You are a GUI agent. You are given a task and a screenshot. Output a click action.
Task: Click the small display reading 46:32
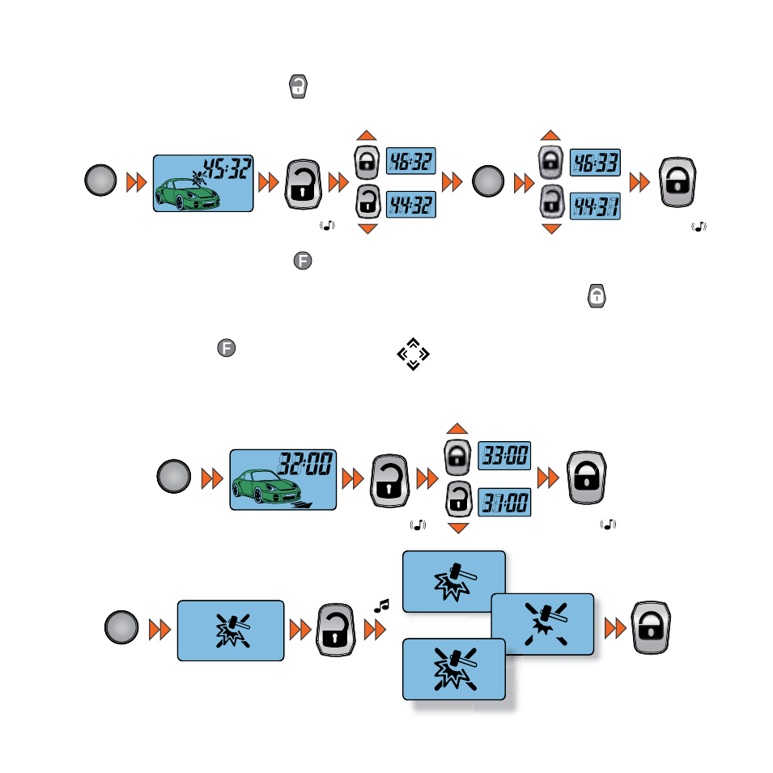pos(410,161)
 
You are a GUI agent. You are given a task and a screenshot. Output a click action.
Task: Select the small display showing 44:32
pos(410,205)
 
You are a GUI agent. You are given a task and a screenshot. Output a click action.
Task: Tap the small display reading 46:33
pos(595,162)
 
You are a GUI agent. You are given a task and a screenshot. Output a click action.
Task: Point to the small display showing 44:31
pos(595,206)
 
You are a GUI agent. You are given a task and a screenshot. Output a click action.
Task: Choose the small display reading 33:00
pos(504,456)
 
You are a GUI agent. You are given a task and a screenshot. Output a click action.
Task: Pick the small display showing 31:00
pos(504,503)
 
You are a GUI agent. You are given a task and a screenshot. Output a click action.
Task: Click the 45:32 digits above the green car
pos(227,168)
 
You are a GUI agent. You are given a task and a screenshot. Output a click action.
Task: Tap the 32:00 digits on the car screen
pos(305,464)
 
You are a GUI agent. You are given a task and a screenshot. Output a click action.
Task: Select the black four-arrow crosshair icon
pos(413,354)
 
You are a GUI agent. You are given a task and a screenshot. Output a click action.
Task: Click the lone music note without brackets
pos(381,606)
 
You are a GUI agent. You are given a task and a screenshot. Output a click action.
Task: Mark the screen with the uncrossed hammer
pos(454,582)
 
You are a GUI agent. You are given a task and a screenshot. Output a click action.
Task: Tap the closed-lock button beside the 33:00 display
pos(457,457)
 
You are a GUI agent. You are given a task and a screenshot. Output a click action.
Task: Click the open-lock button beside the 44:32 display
pos(367,202)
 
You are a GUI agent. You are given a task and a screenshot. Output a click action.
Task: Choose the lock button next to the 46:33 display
pos(550,162)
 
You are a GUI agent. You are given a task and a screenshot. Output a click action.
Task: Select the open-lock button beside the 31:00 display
pos(458,499)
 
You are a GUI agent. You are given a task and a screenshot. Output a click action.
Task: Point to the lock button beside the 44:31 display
pos(552,201)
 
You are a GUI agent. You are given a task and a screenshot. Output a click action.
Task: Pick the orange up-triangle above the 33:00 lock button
pos(457,428)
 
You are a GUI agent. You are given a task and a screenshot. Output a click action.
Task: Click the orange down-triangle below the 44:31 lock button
pos(552,229)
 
